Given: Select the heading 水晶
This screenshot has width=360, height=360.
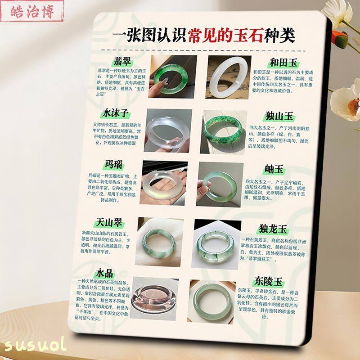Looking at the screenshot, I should [104, 273].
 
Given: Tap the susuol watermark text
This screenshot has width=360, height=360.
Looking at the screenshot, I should [35, 345].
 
